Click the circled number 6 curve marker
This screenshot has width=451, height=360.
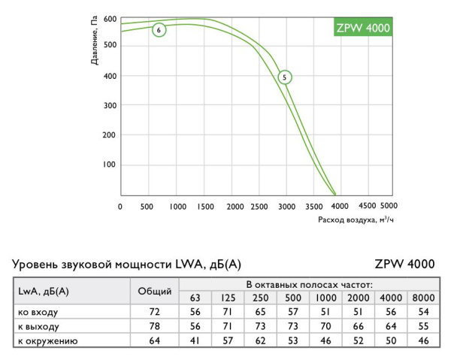(x=159, y=30)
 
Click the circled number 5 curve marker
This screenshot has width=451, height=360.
(x=284, y=77)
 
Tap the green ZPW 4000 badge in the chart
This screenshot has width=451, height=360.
(x=362, y=28)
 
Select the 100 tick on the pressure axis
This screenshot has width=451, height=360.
(x=110, y=164)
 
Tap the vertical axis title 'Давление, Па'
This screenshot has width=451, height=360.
(x=95, y=41)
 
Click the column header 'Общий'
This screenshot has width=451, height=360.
(x=156, y=291)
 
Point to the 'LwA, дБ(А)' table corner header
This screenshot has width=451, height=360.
(x=44, y=291)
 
